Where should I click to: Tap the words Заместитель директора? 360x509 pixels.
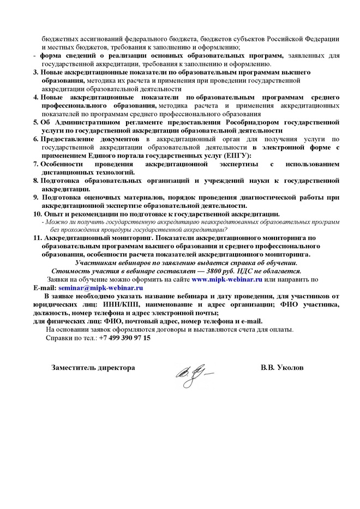[93, 368]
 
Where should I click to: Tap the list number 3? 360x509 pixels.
[35, 73]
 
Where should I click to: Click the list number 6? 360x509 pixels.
[35, 139]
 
